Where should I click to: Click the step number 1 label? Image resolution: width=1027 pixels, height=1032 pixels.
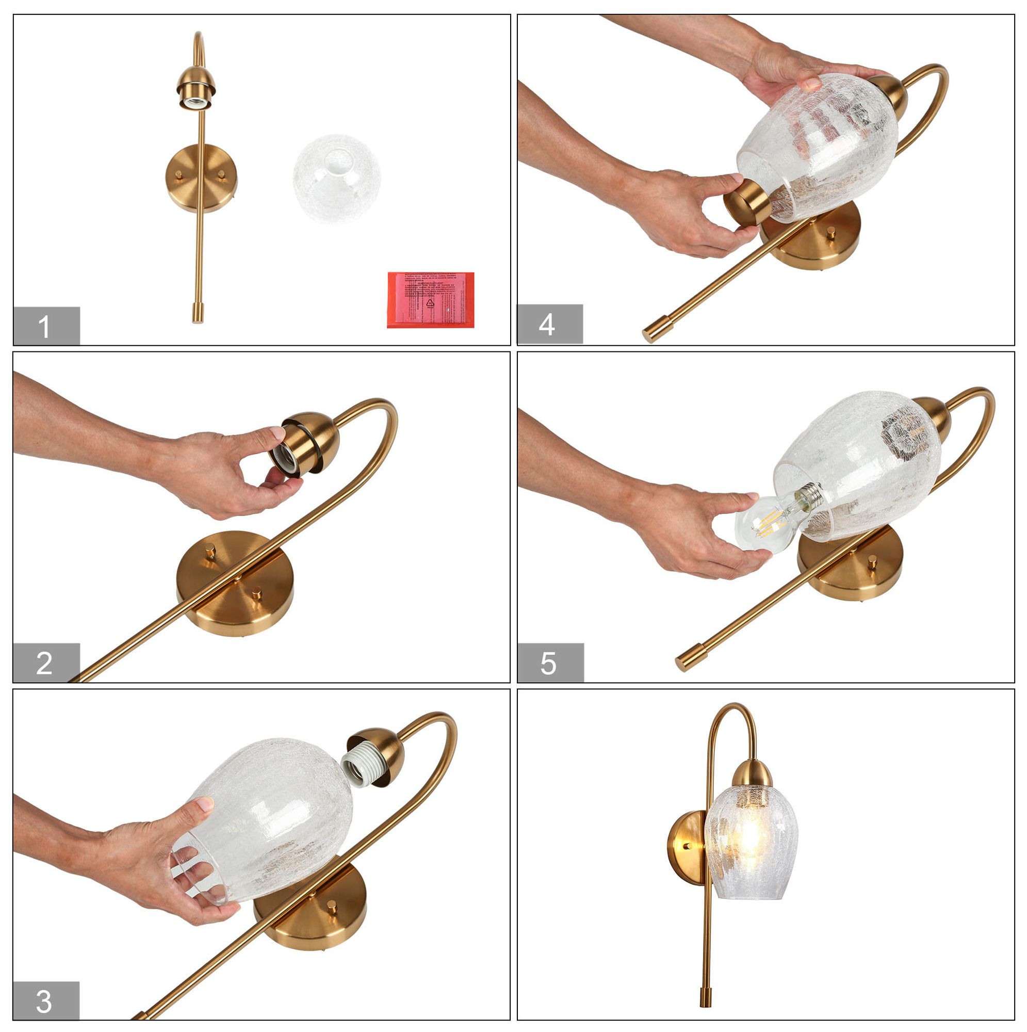click(x=45, y=326)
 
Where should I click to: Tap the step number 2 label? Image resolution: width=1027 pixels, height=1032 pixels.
click(x=45, y=663)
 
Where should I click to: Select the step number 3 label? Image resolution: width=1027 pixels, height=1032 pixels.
click(x=45, y=1001)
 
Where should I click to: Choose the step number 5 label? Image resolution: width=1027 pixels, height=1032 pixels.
click(x=549, y=664)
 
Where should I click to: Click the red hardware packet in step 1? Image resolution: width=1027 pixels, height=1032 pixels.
click(x=431, y=299)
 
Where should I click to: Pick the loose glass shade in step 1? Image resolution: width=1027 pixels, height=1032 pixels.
click(x=336, y=179)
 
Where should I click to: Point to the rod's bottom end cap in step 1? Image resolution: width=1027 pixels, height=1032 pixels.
click(x=198, y=313)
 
